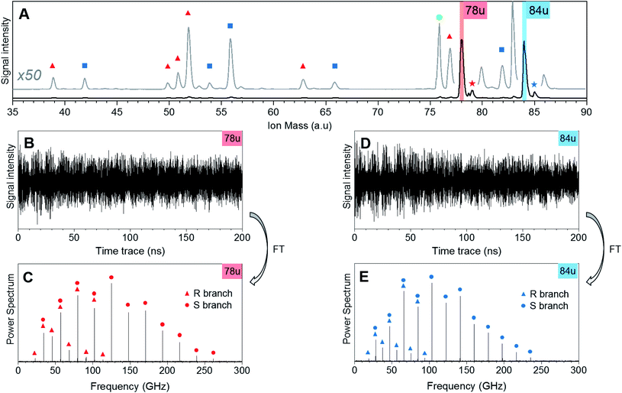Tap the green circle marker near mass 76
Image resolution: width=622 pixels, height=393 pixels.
coord(439,18)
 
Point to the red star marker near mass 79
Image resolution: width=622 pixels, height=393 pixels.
coord(472,83)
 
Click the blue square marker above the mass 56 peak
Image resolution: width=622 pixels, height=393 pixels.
coord(230,26)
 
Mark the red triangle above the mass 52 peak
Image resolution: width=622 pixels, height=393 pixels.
coord(189,14)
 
